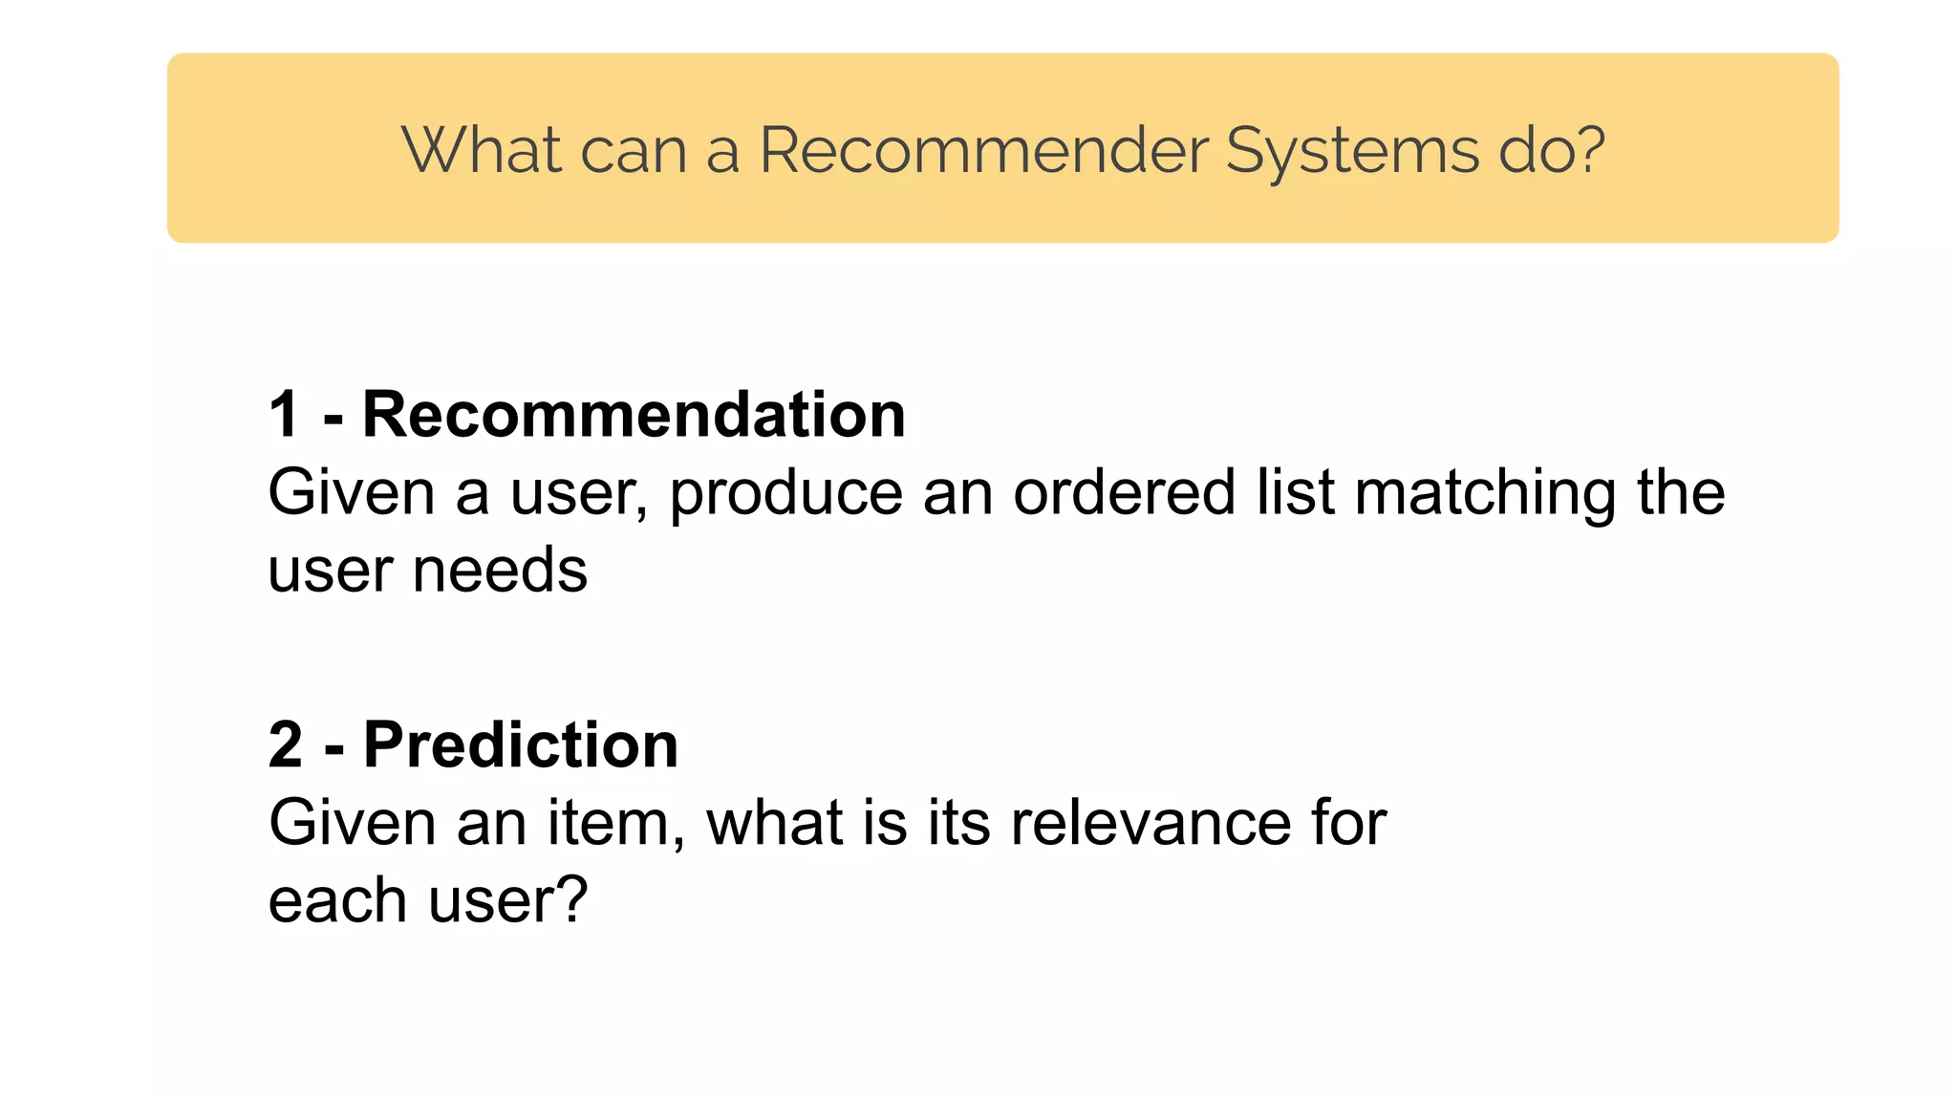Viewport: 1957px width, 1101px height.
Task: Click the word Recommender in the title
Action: pyautogui.click(x=983, y=151)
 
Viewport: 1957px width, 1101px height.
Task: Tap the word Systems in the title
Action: pyautogui.click(x=1351, y=151)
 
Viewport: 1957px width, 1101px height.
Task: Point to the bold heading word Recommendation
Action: pyautogui.click(x=634, y=415)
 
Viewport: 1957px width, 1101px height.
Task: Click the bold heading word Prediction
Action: pyautogui.click(x=521, y=745)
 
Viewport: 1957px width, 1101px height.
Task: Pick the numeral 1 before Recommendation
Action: pyautogui.click(x=284, y=415)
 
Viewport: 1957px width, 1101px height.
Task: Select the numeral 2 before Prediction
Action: pyautogui.click(x=286, y=745)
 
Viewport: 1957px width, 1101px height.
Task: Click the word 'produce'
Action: pyautogui.click(x=785, y=495)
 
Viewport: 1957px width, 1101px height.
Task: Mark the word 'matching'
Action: pyautogui.click(x=1485, y=495)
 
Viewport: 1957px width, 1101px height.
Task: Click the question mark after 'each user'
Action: pyautogui.click(x=571, y=900)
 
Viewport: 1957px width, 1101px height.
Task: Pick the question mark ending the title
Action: pyautogui.click(x=1588, y=151)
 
